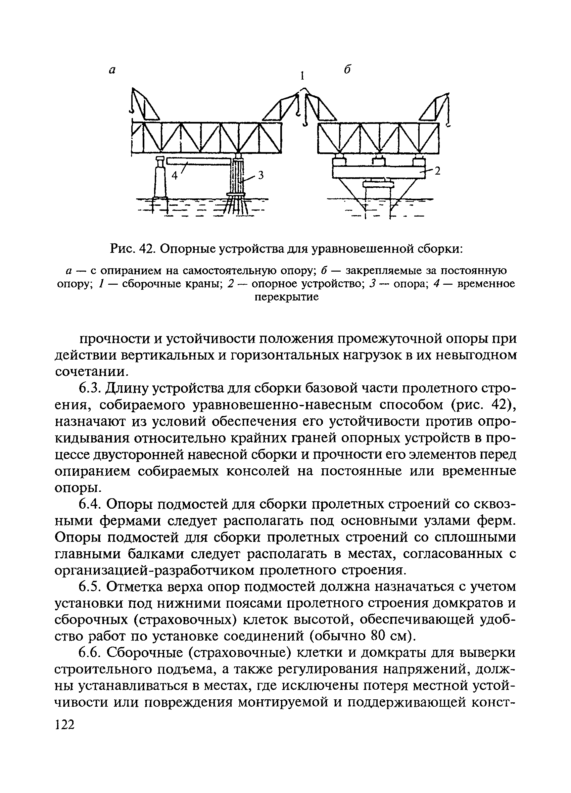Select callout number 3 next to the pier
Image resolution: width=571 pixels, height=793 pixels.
point(260,175)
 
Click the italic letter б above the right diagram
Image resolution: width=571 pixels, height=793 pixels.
point(346,69)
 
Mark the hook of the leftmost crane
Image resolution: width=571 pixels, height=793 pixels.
point(132,111)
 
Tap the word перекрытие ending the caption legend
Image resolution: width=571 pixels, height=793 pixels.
point(286,297)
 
